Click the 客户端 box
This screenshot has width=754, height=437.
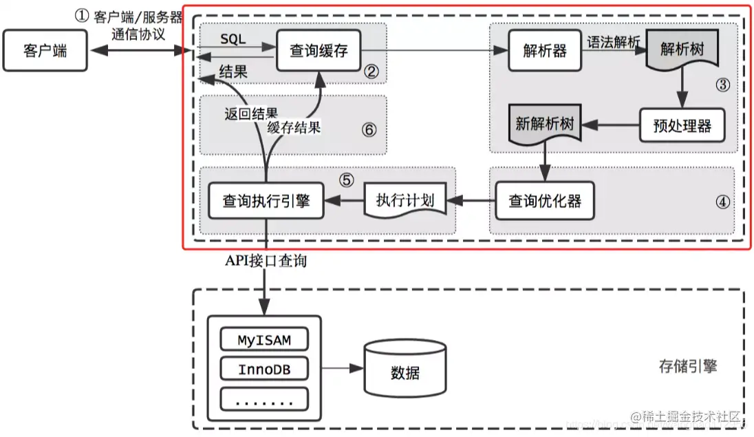[45, 51]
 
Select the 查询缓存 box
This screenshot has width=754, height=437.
[319, 51]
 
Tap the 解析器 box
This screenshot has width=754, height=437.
[544, 51]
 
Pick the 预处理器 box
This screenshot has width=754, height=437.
[682, 125]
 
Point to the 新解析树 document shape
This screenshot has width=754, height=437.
[544, 125]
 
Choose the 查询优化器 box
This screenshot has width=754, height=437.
[544, 200]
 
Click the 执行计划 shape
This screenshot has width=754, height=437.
[405, 200]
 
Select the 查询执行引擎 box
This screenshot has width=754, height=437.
[266, 200]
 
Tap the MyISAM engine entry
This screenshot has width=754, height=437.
[264, 340]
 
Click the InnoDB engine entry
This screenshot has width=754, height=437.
[264, 370]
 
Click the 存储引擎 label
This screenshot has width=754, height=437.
[687, 366]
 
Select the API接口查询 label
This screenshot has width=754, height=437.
[266, 261]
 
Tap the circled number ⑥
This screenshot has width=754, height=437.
[369, 129]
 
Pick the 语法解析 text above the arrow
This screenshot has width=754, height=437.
[612, 43]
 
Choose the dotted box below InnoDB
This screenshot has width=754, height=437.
[264, 399]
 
